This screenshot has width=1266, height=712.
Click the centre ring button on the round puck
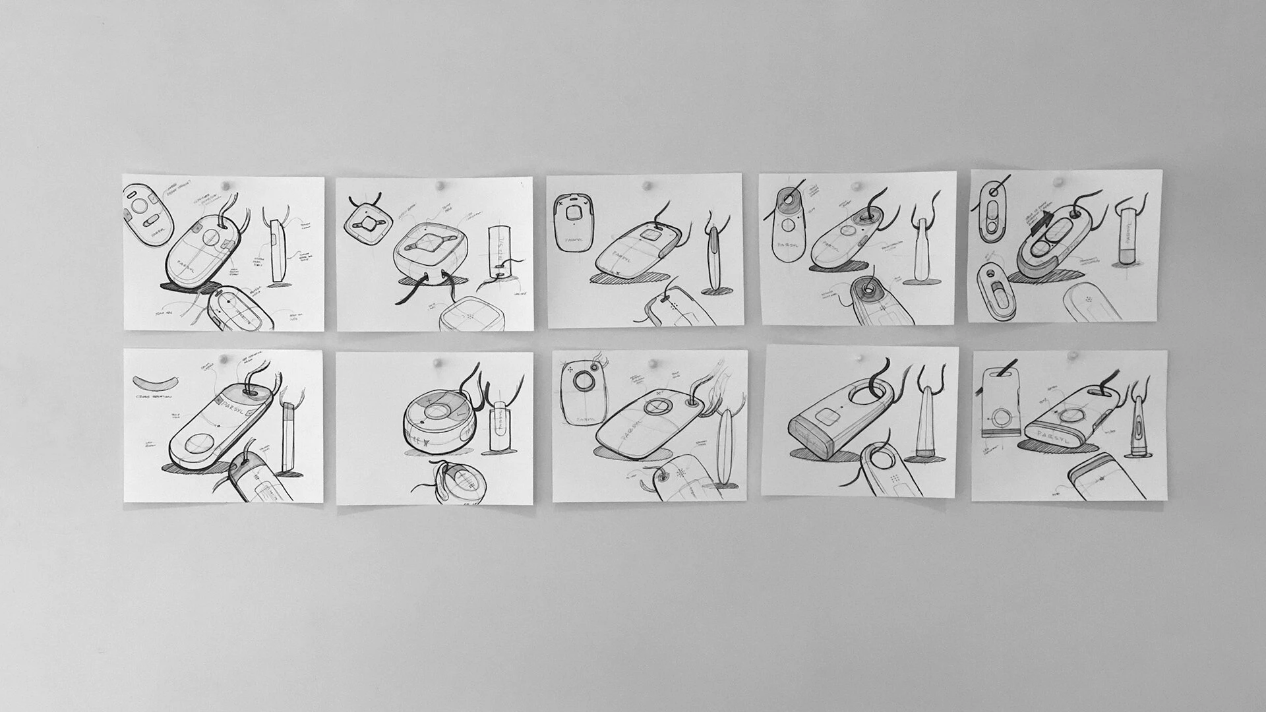click(x=434, y=413)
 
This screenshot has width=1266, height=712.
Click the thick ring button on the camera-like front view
click(x=584, y=382)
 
